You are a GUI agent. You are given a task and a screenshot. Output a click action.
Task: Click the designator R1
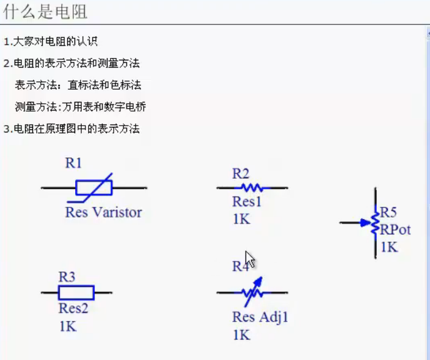[x=73, y=163]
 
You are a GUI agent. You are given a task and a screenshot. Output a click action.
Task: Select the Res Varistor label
[x=103, y=212]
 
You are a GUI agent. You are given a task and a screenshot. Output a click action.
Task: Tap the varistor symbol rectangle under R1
[x=93, y=187]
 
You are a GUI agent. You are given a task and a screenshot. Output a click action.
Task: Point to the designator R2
[x=241, y=174]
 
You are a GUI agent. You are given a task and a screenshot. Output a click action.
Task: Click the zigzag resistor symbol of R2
[x=252, y=188]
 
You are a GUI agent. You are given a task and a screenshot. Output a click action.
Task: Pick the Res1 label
[x=247, y=201]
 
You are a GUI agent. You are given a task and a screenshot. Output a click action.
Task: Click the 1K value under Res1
[x=241, y=219]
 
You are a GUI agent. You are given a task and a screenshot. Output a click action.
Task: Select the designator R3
[x=67, y=277]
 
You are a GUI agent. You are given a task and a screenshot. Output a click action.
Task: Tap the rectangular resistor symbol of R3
[x=76, y=293]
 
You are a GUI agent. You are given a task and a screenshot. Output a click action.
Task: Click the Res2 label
[x=73, y=308]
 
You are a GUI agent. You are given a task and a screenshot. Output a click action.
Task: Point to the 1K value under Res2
[x=67, y=326]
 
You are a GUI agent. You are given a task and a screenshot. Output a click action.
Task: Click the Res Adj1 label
[x=260, y=317]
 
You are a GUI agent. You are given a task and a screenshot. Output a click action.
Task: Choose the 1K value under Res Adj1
[x=241, y=334]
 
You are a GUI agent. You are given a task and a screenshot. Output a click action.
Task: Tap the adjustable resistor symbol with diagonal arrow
[x=252, y=292]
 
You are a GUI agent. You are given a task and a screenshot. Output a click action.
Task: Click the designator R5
[x=388, y=212]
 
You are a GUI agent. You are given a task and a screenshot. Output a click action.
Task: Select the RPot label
[x=395, y=229]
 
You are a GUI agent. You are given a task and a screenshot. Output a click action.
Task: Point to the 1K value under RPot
[x=389, y=247]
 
